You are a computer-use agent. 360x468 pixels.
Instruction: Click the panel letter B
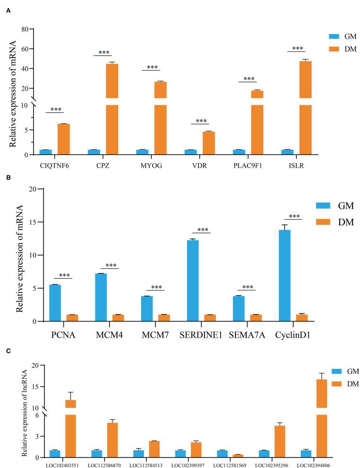click(8, 179)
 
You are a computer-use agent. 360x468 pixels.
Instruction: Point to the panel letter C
click(8, 350)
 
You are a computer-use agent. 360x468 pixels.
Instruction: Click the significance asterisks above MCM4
click(110, 265)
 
